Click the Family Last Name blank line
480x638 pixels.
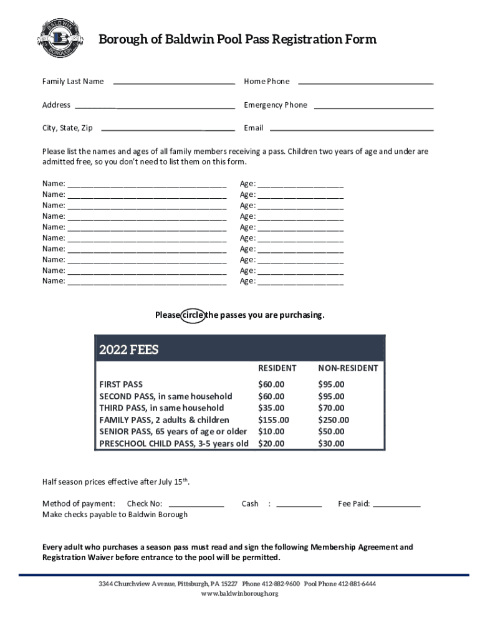[174, 82]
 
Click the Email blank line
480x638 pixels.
[351, 130]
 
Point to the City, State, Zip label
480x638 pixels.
[67, 128]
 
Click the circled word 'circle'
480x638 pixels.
[192, 315]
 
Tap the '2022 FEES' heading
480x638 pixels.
[129, 350]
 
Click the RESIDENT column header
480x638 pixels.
[277, 368]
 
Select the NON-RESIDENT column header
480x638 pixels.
[348, 368]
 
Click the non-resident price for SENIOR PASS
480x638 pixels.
[331, 432]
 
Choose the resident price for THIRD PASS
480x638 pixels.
[271, 408]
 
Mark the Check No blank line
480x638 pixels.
[196, 505]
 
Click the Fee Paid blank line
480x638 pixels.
[396, 505]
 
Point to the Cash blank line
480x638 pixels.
[299, 505]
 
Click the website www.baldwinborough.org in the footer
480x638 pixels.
[239, 594]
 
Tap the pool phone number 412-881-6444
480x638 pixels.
[357, 584]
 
